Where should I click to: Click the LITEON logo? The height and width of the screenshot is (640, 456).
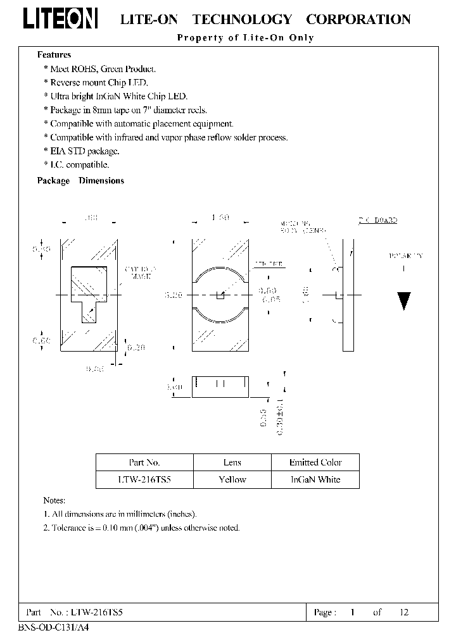coord(61,20)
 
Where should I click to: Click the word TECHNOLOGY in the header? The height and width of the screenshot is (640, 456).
coord(242,20)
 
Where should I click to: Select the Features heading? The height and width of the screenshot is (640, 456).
coord(54,55)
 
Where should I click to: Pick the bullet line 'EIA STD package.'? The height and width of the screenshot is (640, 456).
coord(84,151)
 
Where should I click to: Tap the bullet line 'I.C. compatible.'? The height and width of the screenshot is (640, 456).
coord(79,164)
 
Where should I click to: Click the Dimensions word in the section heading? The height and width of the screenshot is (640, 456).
coord(101,181)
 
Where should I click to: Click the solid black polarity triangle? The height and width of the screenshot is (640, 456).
coord(404,301)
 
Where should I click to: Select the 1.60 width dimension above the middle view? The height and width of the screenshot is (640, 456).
coord(220,218)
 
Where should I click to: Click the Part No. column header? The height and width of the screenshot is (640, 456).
coord(144,462)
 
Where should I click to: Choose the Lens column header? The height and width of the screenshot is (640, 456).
coord(232,462)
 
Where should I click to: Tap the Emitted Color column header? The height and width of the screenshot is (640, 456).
coord(315,462)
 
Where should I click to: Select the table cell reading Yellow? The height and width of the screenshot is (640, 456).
coord(232,479)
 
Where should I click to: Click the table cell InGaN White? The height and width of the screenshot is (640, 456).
coord(315,479)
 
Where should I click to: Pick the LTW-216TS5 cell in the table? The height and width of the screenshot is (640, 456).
coord(144,479)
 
